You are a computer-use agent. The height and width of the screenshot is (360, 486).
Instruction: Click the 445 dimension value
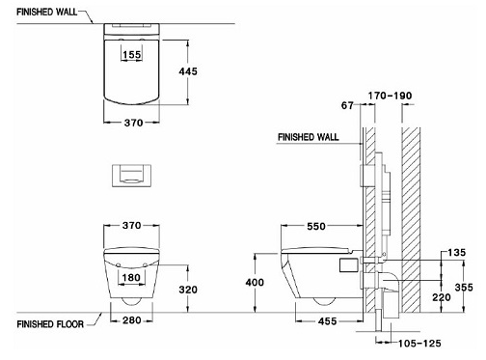(188, 71)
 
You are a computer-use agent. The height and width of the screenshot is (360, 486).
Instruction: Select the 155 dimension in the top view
(132, 55)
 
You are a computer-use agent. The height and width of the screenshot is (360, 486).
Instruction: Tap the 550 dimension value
(316, 226)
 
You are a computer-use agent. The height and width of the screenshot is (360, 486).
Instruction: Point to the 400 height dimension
(255, 283)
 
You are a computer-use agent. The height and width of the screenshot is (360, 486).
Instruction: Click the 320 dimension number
(188, 290)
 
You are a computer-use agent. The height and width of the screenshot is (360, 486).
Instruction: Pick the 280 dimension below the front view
(132, 320)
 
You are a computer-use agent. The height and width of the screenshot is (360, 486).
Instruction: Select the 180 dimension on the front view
(131, 277)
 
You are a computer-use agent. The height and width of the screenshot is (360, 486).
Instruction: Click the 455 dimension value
(328, 321)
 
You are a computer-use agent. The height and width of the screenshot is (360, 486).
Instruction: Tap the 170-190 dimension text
(390, 96)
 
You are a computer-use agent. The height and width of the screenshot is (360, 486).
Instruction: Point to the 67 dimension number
(347, 105)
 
